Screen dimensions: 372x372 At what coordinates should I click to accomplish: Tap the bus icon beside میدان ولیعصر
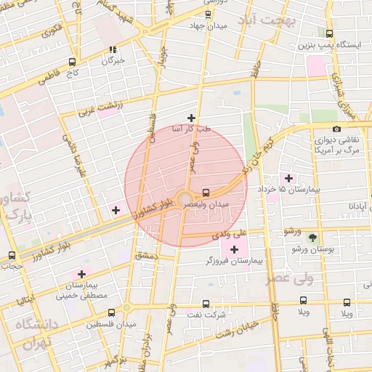coord(206,193)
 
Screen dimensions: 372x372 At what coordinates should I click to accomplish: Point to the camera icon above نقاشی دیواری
coord(336,129)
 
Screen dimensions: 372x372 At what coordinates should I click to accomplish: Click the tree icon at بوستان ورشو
coord(312,238)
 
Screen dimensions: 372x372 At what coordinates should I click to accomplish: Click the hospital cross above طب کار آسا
coord(191,118)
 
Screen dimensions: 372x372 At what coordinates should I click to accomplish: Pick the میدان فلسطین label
coord(105,325)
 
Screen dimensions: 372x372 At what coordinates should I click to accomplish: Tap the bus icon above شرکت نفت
coord(206,304)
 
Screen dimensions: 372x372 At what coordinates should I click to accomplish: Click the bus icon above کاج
coord(71,62)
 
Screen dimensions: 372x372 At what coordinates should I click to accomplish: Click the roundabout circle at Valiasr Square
coord(185,198)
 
